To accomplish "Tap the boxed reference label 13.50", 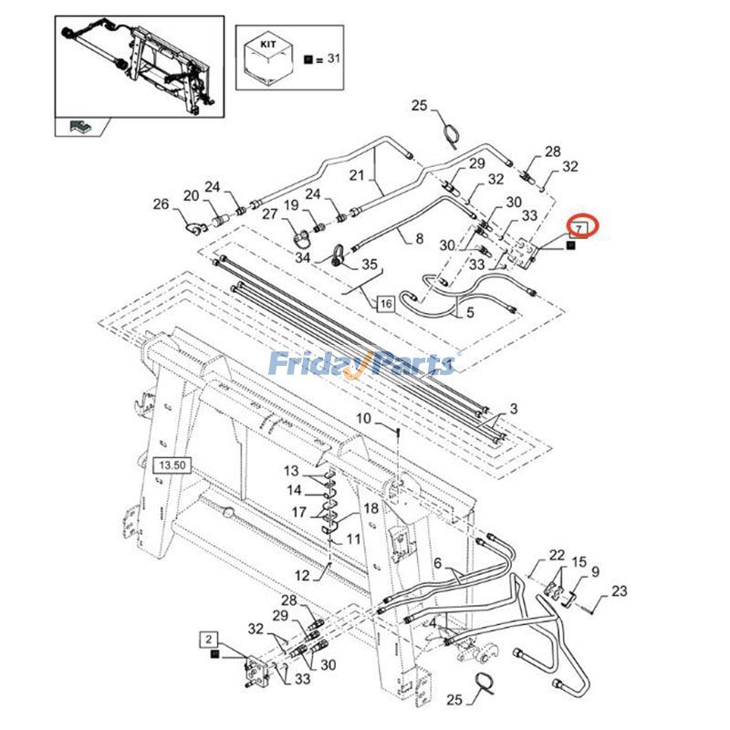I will (172, 465).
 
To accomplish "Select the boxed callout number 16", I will (384, 304).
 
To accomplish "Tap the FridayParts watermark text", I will (361, 365).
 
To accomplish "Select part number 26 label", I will (161, 204).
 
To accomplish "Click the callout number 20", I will (191, 195).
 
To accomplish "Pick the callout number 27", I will (270, 214).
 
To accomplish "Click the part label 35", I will (370, 265).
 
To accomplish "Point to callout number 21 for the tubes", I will (357, 174).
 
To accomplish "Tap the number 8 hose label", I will (419, 239).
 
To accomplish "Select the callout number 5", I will (471, 312).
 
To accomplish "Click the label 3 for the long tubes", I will (514, 407).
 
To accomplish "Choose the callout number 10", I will (363, 418).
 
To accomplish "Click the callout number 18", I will (370, 508).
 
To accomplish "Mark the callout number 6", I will (436, 562).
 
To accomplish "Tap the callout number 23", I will (620, 592).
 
